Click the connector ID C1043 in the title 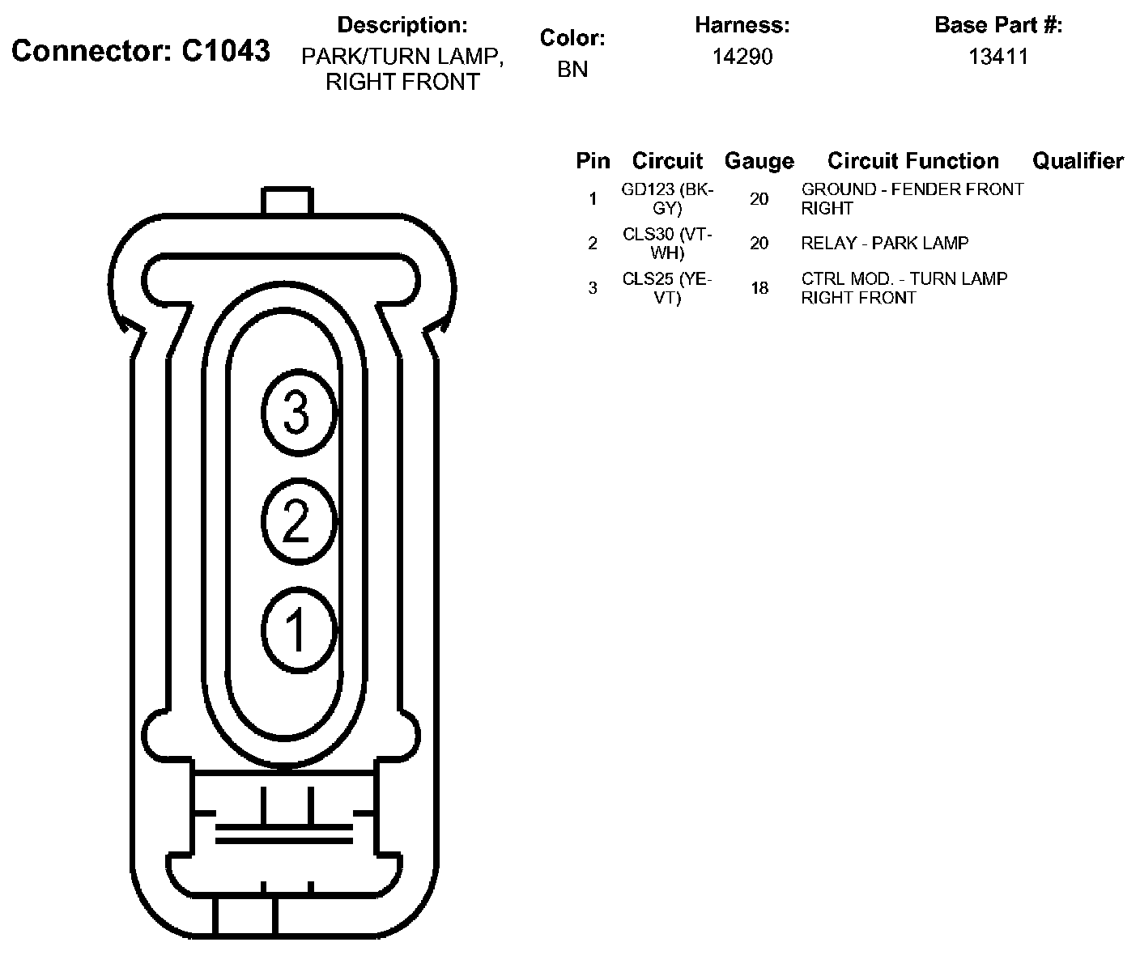[225, 51]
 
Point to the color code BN [572, 70]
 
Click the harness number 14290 [742, 56]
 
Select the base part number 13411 [998, 56]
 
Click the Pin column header [593, 161]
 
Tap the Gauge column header [759, 162]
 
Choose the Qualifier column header [1078, 161]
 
